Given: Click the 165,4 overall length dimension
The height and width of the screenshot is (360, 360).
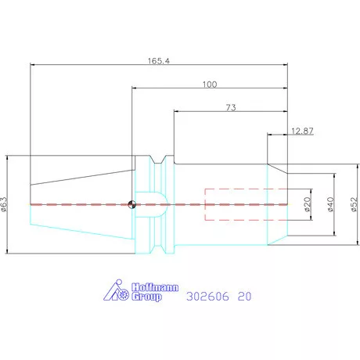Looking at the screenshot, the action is click(159, 61).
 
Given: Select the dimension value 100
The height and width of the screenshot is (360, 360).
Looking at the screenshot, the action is click(210, 85).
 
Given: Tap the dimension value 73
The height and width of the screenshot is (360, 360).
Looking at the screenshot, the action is click(231, 107).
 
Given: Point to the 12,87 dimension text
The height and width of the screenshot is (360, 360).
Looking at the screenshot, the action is click(302, 131).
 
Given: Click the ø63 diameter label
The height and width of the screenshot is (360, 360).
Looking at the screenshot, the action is click(5, 204).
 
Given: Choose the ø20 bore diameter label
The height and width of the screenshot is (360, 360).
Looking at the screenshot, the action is click(308, 204).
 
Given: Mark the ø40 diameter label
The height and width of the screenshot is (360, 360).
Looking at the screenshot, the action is click(330, 204).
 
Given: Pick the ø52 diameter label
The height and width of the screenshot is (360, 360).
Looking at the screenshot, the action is click(354, 204).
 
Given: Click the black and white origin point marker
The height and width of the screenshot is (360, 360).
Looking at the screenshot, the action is click(132, 204).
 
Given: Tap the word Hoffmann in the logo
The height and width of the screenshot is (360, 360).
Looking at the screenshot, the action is click(155, 287).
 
